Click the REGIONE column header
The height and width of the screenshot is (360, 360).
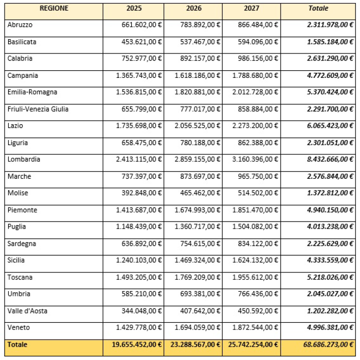[53, 8]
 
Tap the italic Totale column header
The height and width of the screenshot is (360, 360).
[318, 8]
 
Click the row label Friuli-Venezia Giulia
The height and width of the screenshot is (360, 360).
[38, 109]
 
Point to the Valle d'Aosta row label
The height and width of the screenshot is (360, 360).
[28, 311]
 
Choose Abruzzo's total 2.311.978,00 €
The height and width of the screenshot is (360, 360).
[330, 25]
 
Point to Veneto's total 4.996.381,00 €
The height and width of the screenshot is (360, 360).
[330, 327]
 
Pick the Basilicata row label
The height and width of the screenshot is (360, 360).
[22, 42]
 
